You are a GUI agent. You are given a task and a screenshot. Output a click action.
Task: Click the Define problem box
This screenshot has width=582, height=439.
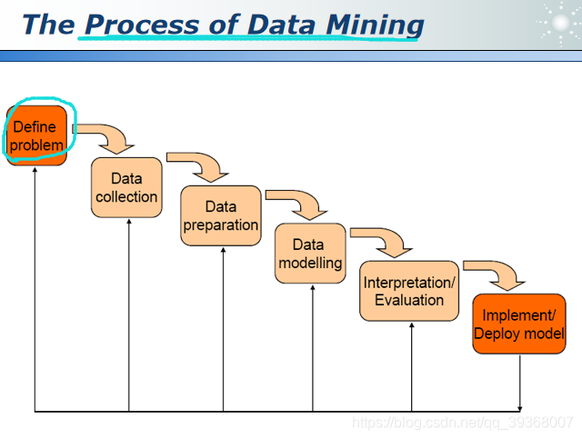coord(38,135)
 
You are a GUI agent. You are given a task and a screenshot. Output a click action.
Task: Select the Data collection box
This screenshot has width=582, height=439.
coord(126,187)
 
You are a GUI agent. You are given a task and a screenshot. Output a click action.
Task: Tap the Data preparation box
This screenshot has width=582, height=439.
coord(221,215)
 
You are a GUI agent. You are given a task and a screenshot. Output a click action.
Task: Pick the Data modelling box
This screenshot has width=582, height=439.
coord(310,254)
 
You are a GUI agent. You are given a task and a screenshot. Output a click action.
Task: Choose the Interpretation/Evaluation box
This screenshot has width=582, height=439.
coord(409,291)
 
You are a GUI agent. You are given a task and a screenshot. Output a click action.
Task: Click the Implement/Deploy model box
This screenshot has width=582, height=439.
coord(519,324)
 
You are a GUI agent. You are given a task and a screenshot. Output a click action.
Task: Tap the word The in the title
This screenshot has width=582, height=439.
coord(47,25)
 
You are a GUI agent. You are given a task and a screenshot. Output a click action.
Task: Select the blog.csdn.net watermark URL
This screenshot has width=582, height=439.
coord(462,423)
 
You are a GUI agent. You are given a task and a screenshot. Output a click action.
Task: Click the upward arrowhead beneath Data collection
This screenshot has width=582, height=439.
coord(129,223)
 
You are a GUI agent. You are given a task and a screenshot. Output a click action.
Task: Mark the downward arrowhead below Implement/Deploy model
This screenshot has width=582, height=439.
coord(520,406)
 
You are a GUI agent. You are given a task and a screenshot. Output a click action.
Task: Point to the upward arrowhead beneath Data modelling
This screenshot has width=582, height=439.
coord(313,289)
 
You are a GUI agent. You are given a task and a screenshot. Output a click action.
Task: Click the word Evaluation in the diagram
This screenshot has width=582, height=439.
coord(409,300)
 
